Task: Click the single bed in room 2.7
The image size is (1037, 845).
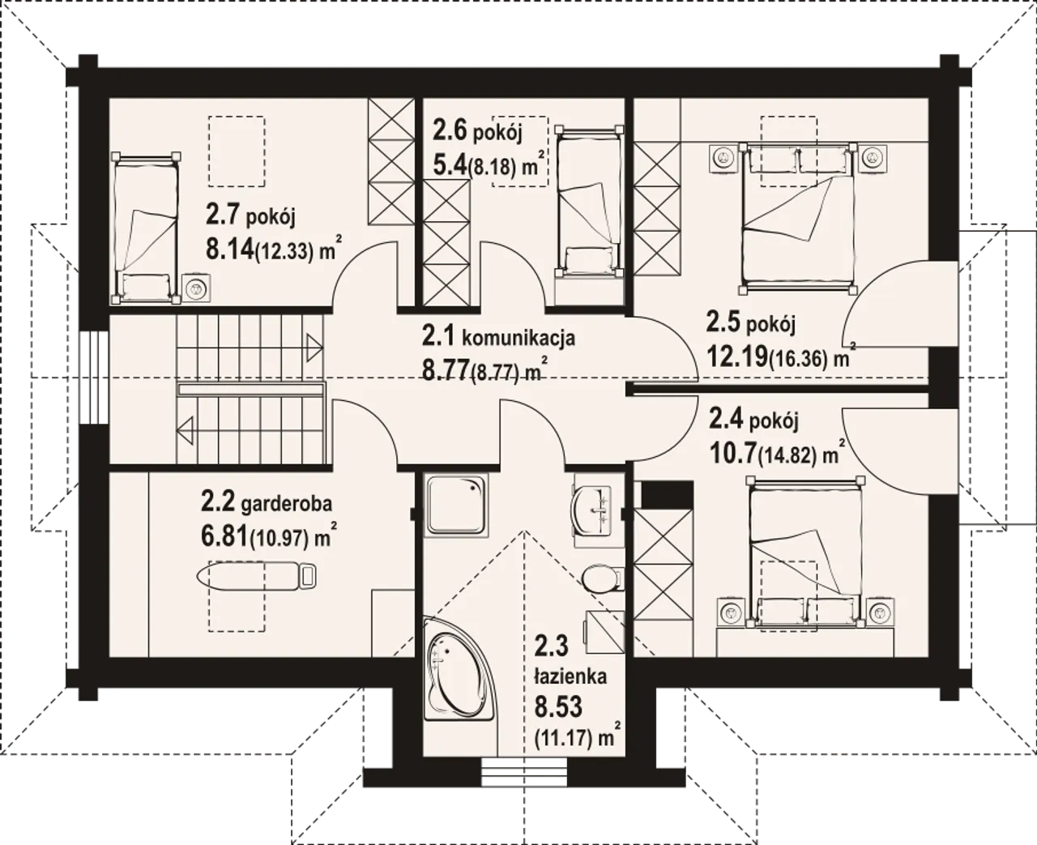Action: point(146,228)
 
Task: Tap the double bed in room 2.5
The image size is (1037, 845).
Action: point(798,219)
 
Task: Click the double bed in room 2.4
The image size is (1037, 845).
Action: point(806,553)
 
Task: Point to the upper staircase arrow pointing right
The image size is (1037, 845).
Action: point(315,348)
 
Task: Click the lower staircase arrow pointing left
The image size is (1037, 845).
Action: point(186,430)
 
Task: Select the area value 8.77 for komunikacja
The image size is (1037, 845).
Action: point(446,369)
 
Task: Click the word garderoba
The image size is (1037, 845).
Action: point(287,504)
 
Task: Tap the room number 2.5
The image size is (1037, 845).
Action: point(723,322)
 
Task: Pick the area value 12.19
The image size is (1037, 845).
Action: point(736,356)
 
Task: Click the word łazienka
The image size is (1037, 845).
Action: point(571,676)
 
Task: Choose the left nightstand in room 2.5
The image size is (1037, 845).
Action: point(724,157)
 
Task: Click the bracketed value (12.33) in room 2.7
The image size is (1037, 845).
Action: point(284,251)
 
